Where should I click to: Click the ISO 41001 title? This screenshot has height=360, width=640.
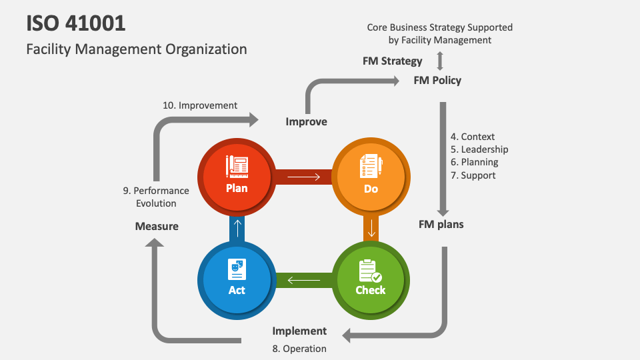click(x=75, y=23)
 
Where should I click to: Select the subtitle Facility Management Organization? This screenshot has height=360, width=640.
click(x=137, y=49)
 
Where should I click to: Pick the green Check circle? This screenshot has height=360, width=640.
click(x=371, y=278)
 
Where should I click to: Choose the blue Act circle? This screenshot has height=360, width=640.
click(x=237, y=278)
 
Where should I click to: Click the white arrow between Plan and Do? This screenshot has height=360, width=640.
click(x=304, y=177)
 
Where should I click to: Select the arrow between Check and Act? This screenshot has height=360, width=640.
click(x=304, y=280)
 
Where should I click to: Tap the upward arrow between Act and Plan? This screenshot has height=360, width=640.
click(x=237, y=228)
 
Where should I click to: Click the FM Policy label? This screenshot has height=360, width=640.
click(x=437, y=81)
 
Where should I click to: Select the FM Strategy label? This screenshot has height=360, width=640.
click(x=393, y=61)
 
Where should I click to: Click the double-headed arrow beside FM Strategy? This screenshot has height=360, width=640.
click(x=439, y=61)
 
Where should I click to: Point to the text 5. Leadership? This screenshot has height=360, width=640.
click(x=479, y=149)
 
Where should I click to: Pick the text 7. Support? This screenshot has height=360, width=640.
click(x=473, y=175)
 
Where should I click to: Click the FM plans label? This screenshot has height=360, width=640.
click(x=441, y=224)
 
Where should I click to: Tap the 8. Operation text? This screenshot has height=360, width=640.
click(x=299, y=348)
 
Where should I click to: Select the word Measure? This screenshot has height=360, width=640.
click(x=157, y=226)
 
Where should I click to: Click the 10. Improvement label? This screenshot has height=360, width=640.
click(x=200, y=105)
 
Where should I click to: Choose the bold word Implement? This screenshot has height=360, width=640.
click(x=299, y=331)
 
